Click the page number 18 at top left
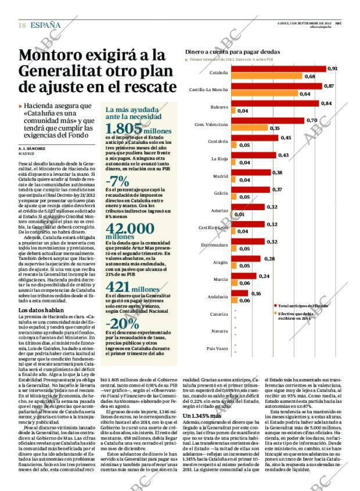click(x=21, y=26)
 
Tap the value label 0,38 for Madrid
click(x=277, y=172)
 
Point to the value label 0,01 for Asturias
click(x=239, y=215)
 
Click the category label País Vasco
click(x=218, y=348)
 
